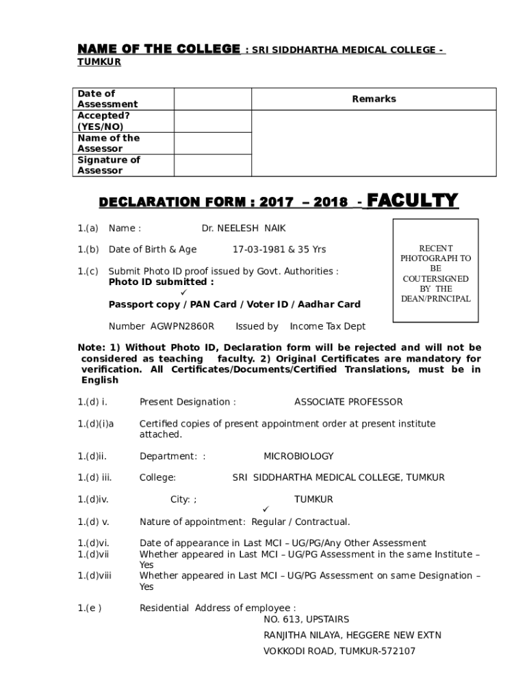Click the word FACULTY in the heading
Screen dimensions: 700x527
coord(413,200)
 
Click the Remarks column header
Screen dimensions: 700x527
coord(374,99)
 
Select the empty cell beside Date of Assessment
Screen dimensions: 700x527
coord(213,99)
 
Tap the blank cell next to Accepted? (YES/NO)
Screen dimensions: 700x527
coord(213,121)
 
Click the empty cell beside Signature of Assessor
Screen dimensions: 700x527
coord(213,165)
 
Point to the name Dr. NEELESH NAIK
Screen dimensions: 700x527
coord(243,229)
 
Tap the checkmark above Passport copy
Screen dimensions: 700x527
coord(183,293)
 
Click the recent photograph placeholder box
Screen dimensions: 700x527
coord(435,271)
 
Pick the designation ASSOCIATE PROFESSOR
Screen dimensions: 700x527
coord(348,402)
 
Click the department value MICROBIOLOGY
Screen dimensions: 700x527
coord(298,456)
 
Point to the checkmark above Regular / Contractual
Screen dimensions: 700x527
coord(266,510)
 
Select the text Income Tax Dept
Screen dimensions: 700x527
coord(328,327)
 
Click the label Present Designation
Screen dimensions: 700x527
coord(188,402)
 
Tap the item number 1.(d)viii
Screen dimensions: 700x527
coord(94,576)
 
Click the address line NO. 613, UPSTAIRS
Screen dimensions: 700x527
coord(306,619)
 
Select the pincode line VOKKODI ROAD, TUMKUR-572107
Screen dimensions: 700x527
coord(339,651)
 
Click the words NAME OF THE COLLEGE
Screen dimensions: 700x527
coord(158,49)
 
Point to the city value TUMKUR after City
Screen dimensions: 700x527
coord(313,500)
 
